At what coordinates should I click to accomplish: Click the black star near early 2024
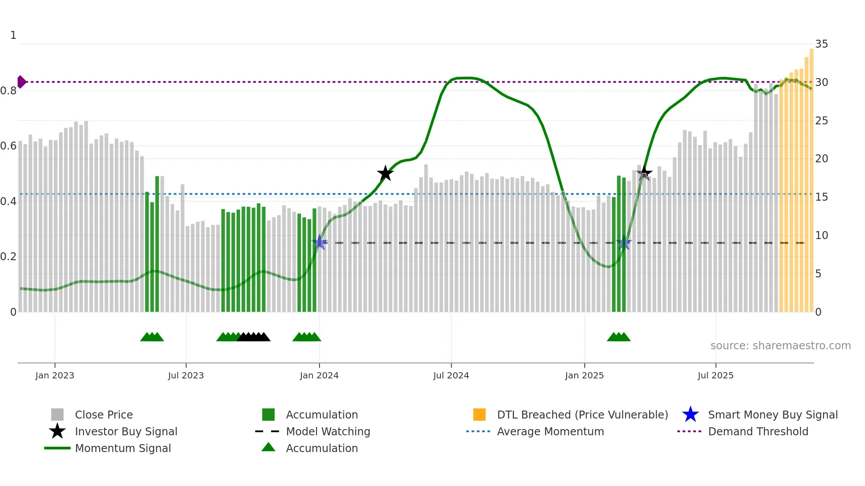pos(385,173)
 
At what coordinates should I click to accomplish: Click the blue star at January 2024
pos(320,243)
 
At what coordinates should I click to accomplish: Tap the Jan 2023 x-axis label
pos(55,376)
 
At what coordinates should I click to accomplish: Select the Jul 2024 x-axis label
pos(451,376)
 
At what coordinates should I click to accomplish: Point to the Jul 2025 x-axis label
pos(715,376)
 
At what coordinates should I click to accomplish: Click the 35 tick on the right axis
pos(821,44)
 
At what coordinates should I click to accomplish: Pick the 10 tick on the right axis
pos(821,236)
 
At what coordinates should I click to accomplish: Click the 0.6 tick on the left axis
pos(8,146)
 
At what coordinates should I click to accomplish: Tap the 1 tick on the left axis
pos(13,35)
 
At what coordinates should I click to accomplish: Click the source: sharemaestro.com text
pos(780,346)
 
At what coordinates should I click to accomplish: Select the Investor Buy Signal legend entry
pos(126,432)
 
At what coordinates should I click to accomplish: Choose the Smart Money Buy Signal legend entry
pos(772,415)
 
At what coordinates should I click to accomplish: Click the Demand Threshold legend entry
pos(758,432)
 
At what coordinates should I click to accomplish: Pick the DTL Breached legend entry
pos(582,415)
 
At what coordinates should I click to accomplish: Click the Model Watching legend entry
pos(328,432)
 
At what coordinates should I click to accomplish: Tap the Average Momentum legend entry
pos(550,432)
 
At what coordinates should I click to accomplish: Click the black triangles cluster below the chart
pos(254,337)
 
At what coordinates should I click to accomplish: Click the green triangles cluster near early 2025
pos(619,337)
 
